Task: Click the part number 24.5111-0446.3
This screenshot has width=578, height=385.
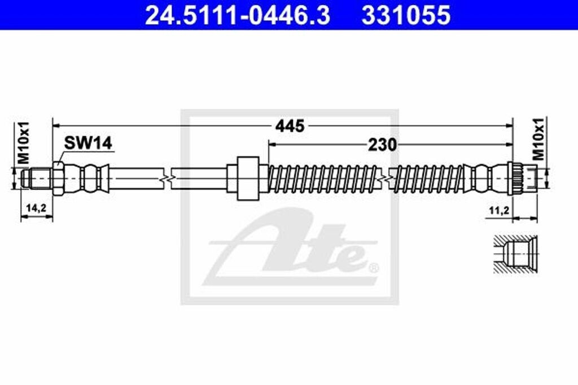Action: pos(237,15)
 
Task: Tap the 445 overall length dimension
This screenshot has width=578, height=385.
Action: pos(290,126)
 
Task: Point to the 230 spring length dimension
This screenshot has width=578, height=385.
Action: pos(382,145)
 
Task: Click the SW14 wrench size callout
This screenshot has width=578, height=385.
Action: pos(87,143)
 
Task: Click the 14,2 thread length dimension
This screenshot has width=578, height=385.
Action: pos(36,208)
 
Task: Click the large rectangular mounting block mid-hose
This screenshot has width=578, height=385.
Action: pos(248,178)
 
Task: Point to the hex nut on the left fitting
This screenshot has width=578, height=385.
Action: pos(59,178)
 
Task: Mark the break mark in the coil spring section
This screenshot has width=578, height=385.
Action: pos(386,178)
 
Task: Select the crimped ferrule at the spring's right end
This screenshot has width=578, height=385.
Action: pos(483,178)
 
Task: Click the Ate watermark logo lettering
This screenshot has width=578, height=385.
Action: pos(294,248)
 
